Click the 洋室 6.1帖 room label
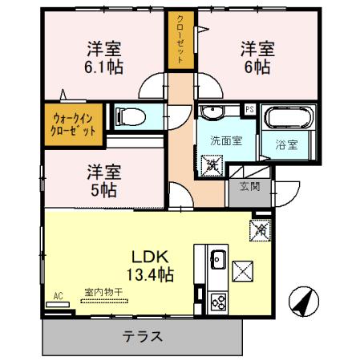(103, 58)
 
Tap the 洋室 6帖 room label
(257, 58)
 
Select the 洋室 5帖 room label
(103, 180)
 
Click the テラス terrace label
(143, 336)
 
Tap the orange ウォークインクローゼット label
(73, 123)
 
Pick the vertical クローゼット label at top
(181, 40)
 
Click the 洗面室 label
(226, 140)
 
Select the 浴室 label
(287, 145)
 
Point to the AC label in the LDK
(57, 294)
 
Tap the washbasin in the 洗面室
(213, 112)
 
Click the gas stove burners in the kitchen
(217, 302)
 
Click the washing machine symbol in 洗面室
(213, 166)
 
